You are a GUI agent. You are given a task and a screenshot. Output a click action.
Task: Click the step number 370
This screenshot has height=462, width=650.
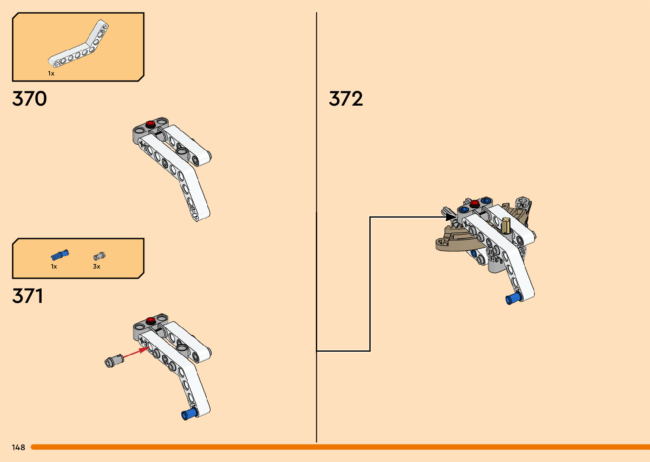[x=29, y=99]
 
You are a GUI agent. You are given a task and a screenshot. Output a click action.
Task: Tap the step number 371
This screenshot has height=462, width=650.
[x=28, y=296]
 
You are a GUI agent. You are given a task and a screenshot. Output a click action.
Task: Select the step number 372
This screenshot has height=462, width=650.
[x=346, y=99]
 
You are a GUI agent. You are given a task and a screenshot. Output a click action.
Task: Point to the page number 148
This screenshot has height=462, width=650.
[x=19, y=447]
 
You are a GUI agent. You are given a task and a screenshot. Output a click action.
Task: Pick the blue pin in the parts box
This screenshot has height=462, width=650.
[x=60, y=255]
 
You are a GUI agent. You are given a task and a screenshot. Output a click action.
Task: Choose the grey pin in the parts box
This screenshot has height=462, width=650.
[x=99, y=256]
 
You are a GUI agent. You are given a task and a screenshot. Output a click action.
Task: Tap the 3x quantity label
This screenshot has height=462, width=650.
[x=96, y=266]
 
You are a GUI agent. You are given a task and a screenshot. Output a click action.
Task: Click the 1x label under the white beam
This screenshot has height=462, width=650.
[x=51, y=73]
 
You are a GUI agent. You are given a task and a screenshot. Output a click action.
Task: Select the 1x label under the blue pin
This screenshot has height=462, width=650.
[x=54, y=266]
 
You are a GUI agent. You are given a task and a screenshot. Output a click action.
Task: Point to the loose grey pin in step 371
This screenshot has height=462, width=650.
[x=113, y=361]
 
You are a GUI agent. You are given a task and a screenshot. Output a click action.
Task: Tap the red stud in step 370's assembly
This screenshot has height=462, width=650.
[x=150, y=123]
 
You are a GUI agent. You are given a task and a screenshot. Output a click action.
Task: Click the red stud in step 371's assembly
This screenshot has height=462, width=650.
[x=150, y=320]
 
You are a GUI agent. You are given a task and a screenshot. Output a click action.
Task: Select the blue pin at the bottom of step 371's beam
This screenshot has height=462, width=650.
[x=189, y=414]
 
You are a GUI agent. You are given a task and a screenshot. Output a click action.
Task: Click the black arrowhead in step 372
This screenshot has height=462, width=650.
[x=450, y=217]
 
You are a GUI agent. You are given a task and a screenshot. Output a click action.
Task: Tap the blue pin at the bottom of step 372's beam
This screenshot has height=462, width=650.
[x=512, y=298]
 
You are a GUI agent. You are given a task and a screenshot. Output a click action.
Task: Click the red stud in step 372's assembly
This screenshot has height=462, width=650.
[x=475, y=203]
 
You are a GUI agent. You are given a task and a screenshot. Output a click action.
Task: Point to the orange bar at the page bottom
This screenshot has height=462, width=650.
[x=340, y=447]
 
